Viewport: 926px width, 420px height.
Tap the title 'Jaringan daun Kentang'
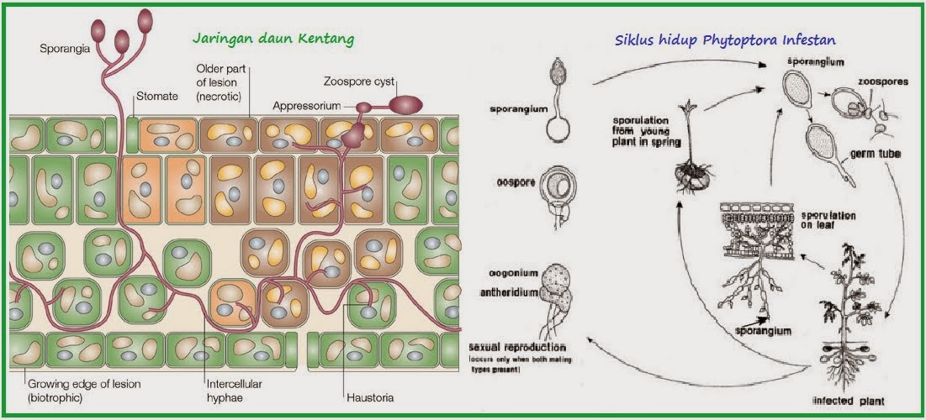click(x=273, y=39)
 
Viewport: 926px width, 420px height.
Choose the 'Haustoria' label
click(x=370, y=396)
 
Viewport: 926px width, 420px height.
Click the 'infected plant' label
click(x=849, y=400)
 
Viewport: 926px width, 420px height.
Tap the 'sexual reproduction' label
click(x=517, y=348)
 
